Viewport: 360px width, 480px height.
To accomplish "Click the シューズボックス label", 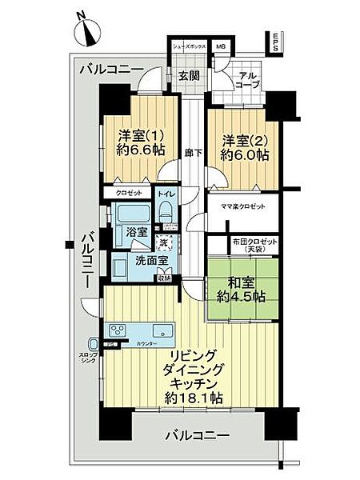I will [x=189, y=47].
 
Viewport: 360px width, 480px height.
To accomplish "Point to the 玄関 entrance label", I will [x=189, y=77].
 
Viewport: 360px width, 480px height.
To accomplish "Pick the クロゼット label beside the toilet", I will [x=128, y=194].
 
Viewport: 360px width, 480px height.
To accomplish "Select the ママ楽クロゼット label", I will [x=243, y=206].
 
